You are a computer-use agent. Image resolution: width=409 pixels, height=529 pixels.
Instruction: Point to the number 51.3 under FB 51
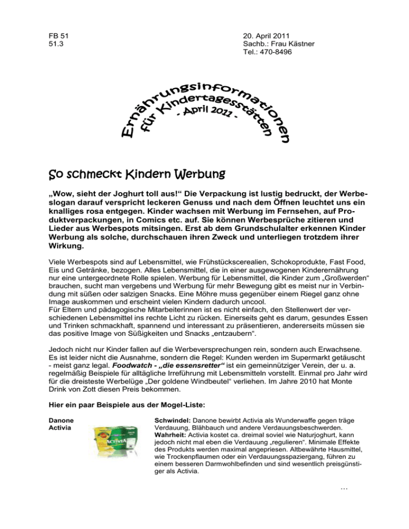(x=55, y=43)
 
